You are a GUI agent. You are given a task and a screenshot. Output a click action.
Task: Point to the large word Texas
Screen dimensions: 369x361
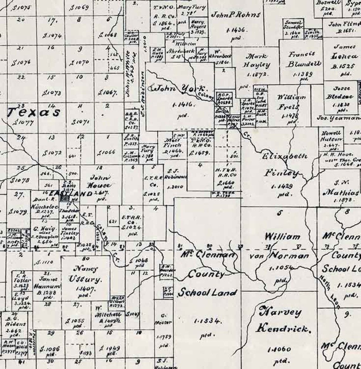[x=34, y=112]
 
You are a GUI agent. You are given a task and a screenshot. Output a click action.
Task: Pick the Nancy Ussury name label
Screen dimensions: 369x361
[x=85, y=274]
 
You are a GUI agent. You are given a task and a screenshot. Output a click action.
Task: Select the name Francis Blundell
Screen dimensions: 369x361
[x=304, y=59]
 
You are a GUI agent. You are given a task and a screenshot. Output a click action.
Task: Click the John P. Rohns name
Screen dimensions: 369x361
[x=236, y=15]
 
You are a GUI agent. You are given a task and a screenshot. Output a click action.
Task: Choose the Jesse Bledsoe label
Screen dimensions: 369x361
[x=341, y=92]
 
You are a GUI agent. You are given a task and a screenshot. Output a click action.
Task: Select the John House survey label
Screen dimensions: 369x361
[x=100, y=181]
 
